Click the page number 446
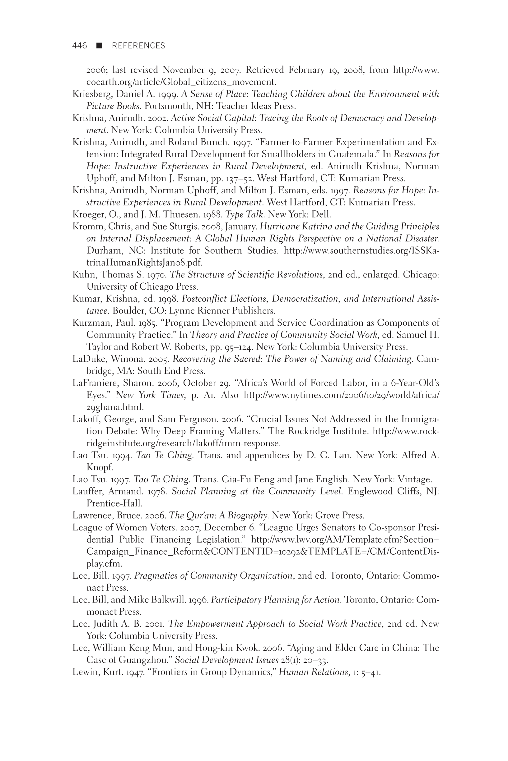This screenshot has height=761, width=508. (80, 46)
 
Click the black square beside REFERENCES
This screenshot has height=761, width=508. (100, 46)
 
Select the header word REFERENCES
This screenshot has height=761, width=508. (138, 46)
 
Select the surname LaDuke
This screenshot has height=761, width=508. (86, 359)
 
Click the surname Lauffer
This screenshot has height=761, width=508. (86, 492)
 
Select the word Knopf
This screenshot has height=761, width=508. (99, 468)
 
